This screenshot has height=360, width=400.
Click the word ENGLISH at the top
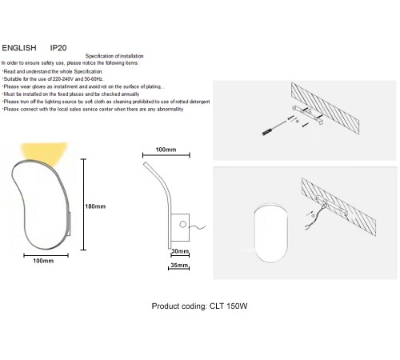(22, 47)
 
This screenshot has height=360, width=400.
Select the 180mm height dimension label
(95, 206)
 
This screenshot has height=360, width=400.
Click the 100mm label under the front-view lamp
(42, 262)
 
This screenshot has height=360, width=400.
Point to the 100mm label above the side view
(166, 150)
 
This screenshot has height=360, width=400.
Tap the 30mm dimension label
(180, 250)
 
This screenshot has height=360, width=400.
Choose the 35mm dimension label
(180, 264)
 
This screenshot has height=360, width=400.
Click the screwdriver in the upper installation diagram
(277, 127)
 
